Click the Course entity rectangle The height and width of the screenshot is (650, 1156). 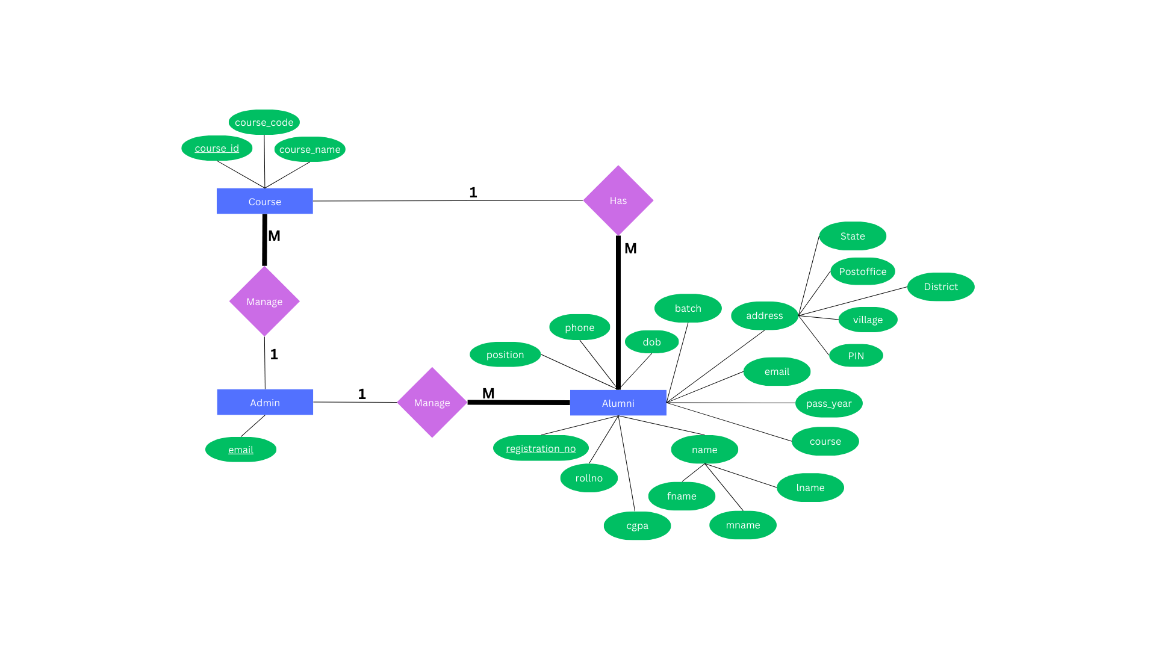[x=264, y=201]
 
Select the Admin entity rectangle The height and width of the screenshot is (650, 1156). [x=265, y=402]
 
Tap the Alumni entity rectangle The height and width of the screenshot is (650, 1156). [x=618, y=403]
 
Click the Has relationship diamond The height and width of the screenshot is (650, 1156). [x=618, y=200]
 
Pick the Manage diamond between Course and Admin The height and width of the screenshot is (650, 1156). [x=264, y=302]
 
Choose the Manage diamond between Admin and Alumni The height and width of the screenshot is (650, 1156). [x=432, y=403]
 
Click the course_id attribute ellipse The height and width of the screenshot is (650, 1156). [x=217, y=148]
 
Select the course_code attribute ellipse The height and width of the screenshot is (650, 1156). [x=264, y=122]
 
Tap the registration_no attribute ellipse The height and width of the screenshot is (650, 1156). [x=541, y=448]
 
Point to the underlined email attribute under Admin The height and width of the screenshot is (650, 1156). [x=241, y=450]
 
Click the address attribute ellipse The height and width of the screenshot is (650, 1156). [x=764, y=315]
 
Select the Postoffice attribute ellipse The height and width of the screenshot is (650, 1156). [x=862, y=271]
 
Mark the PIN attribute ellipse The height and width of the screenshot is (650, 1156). [x=856, y=356]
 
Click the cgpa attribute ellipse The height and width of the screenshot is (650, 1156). [x=637, y=525]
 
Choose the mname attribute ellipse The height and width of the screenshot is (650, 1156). [x=742, y=525]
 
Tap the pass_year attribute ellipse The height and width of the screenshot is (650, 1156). [x=828, y=403]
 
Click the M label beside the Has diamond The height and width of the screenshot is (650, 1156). [x=630, y=249]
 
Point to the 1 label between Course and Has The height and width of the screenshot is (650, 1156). [x=473, y=193]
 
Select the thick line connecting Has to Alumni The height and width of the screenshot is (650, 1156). [x=618, y=313]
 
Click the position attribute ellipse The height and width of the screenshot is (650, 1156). [x=505, y=354]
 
